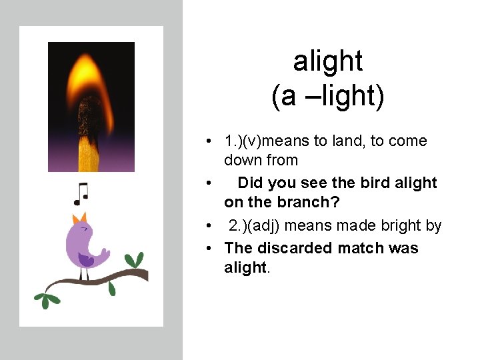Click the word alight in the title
coord(328,61)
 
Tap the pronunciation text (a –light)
coord(328,96)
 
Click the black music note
coord(81,194)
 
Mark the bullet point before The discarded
coord(209,248)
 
